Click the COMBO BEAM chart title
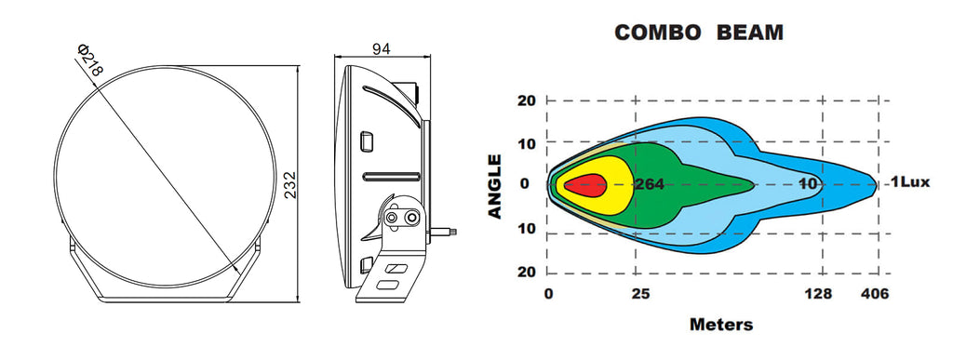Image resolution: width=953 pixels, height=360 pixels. (x=699, y=33)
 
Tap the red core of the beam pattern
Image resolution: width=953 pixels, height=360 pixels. (x=585, y=185)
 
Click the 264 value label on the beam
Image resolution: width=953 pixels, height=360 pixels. (x=649, y=184)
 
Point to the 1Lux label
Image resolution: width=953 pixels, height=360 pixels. (x=910, y=181)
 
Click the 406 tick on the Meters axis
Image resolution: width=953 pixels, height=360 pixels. (x=875, y=295)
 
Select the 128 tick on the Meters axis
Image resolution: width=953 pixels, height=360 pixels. (x=818, y=295)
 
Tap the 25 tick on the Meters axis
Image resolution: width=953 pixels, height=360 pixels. (x=640, y=295)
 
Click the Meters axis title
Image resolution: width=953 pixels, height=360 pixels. (x=721, y=324)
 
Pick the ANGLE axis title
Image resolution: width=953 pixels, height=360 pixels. (x=495, y=186)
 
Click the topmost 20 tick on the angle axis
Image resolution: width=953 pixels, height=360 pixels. (x=527, y=100)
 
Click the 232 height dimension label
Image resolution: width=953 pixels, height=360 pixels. (x=290, y=184)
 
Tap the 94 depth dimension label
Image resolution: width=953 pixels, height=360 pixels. (x=381, y=49)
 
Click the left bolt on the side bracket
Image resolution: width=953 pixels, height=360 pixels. (x=393, y=217)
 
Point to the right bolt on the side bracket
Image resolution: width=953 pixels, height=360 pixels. (x=412, y=217)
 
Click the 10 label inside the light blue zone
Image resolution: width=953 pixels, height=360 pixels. (x=808, y=184)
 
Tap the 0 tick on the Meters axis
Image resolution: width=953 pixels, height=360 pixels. (x=549, y=295)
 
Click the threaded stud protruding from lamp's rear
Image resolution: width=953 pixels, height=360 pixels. (x=444, y=232)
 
